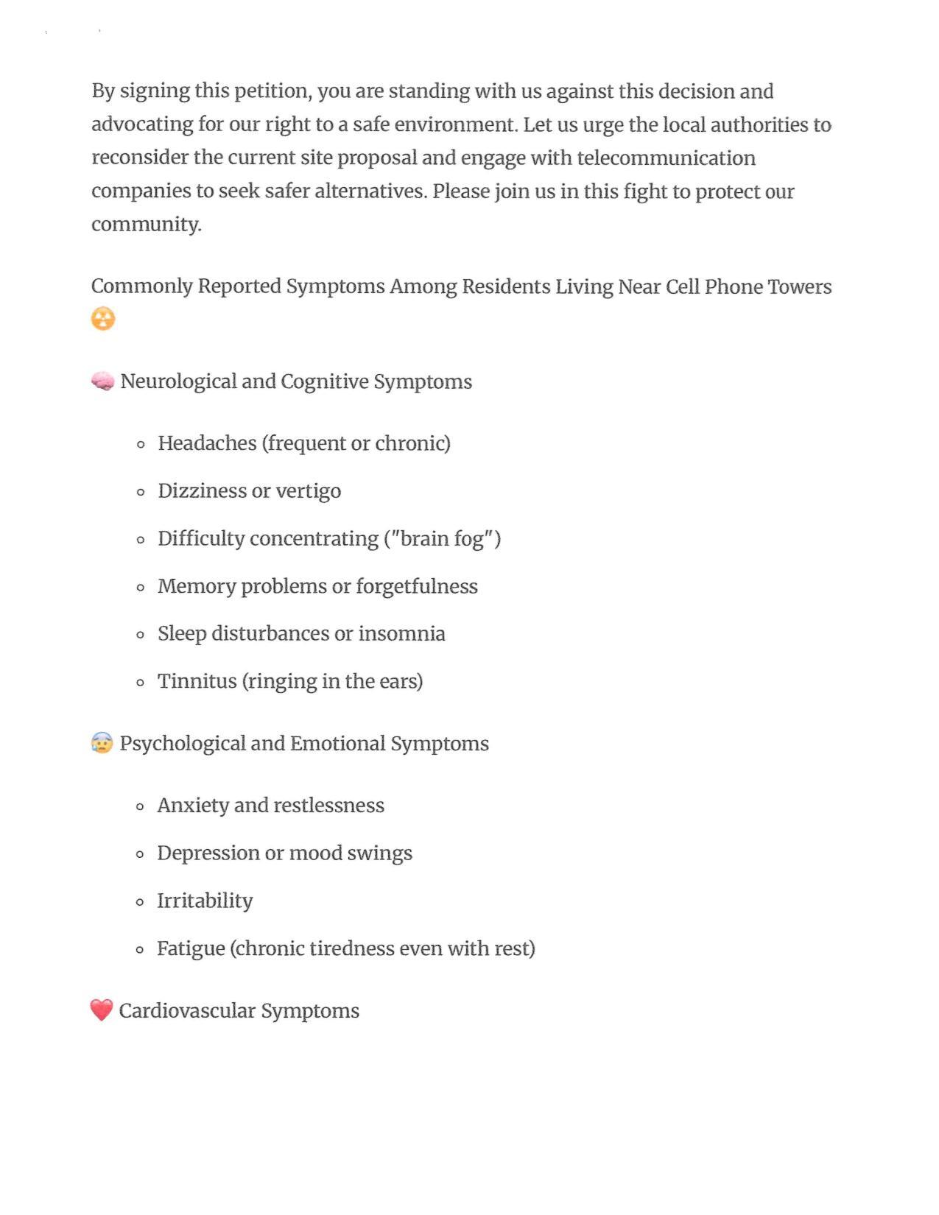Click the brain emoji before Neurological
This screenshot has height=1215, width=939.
pos(102,381)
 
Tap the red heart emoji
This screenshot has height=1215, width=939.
pos(102,1010)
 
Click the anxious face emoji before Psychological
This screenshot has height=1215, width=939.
pos(102,743)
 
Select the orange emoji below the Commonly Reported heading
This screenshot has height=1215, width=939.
pos(103,319)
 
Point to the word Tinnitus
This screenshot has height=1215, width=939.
pos(197,681)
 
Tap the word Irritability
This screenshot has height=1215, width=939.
pos(205,901)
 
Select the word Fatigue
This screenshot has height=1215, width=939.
pos(191,948)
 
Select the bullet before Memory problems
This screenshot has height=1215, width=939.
pos(141,587)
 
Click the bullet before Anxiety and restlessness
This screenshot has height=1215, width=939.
pos(140,806)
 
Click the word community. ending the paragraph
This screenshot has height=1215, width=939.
pos(146,225)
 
